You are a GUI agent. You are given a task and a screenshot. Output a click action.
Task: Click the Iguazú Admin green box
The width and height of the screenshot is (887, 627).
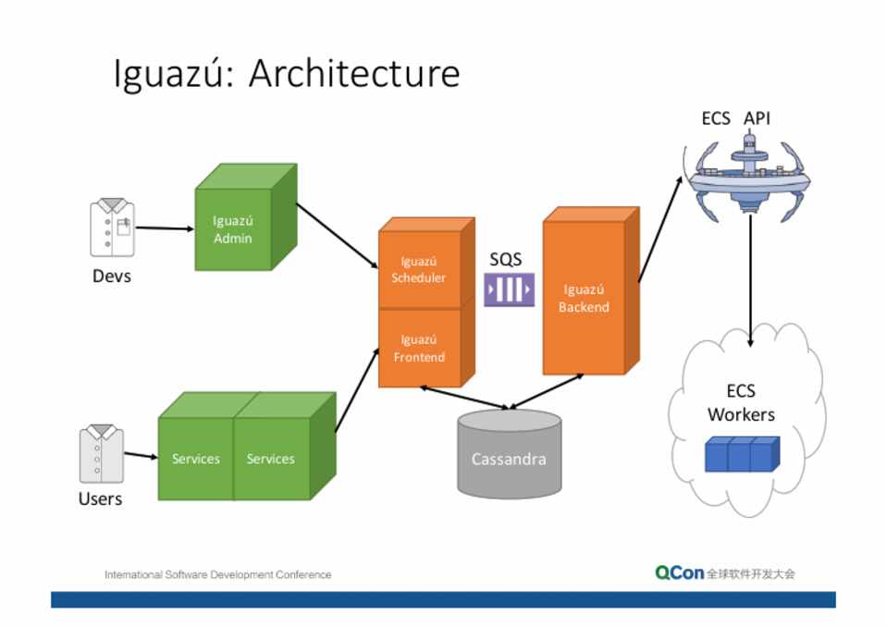pyautogui.click(x=233, y=229)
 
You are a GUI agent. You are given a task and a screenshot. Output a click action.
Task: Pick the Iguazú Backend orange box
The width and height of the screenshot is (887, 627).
pyautogui.click(x=584, y=298)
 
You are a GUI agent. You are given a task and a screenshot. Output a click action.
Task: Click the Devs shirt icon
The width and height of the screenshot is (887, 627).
pyautogui.click(x=112, y=227)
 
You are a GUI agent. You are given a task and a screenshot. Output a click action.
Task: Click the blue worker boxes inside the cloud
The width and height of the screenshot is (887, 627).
pyautogui.click(x=740, y=454)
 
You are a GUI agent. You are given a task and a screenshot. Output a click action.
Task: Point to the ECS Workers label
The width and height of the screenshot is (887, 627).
pyautogui.click(x=741, y=402)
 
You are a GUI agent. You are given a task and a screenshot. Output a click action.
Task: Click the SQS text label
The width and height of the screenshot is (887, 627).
pyautogui.click(x=506, y=260)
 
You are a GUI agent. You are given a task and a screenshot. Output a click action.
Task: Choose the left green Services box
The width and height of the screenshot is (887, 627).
pyautogui.click(x=196, y=459)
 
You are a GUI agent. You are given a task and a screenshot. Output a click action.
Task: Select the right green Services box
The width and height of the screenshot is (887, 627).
pyautogui.click(x=271, y=459)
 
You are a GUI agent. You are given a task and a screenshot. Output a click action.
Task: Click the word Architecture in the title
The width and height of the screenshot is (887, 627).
pyautogui.click(x=354, y=74)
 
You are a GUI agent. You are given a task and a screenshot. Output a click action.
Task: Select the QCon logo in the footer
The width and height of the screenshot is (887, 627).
pyautogui.click(x=680, y=573)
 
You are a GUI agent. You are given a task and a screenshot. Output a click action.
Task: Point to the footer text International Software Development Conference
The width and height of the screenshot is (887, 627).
pyautogui.click(x=217, y=574)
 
